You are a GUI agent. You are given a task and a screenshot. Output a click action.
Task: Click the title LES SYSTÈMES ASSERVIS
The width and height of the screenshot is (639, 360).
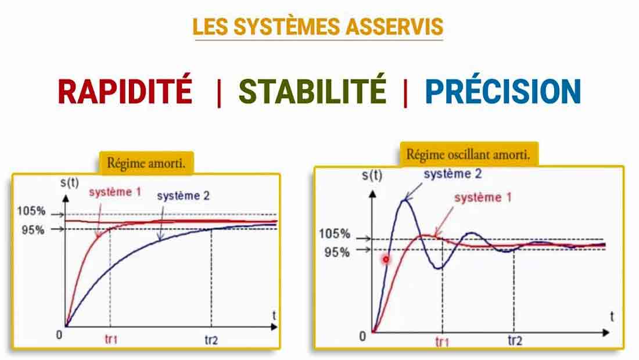click(x=317, y=27)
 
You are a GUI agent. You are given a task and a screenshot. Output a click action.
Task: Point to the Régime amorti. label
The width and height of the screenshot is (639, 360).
click(x=146, y=163)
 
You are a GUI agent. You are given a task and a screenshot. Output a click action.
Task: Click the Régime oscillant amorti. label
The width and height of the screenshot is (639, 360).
click(x=468, y=155)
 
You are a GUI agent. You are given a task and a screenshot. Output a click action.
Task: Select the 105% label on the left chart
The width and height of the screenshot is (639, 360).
click(x=31, y=211)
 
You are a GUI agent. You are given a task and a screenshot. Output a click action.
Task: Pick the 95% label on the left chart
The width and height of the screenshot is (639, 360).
click(x=33, y=230)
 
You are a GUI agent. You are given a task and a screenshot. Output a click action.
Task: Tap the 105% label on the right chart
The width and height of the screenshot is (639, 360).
click(x=334, y=234)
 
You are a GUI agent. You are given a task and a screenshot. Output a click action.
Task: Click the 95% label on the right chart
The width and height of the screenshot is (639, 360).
click(x=337, y=253)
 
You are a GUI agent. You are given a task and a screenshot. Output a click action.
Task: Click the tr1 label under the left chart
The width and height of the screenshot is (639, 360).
click(x=111, y=339)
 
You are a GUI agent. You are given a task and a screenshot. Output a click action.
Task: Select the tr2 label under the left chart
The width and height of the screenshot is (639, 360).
click(x=211, y=340)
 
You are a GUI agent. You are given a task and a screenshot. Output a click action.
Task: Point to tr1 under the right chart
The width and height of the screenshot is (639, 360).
click(x=442, y=341)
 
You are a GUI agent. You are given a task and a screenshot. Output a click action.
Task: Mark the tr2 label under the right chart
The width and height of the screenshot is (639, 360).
click(x=515, y=340)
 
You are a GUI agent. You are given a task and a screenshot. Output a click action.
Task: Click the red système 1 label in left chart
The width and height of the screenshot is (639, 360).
click(x=116, y=192)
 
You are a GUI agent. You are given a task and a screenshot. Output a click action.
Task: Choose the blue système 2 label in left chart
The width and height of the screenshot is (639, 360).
click(x=183, y=196)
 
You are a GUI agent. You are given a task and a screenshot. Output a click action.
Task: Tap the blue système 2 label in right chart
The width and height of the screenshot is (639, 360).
click(x=453, y=174)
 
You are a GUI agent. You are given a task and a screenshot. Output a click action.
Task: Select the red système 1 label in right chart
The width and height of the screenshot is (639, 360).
click(x=483, y=198)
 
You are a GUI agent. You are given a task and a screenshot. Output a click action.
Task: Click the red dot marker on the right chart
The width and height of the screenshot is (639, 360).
click(x=386, y=259)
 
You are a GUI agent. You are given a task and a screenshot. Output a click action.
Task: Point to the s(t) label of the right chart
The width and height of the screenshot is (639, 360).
click(x=372, y=175)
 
